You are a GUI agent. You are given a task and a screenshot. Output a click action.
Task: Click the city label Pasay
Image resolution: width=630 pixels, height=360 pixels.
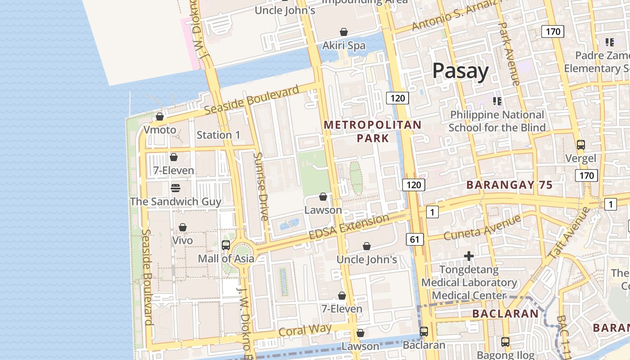[x=460, y=71]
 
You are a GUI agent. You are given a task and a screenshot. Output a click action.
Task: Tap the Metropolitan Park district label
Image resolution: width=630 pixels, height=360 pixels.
[x=373, y=131]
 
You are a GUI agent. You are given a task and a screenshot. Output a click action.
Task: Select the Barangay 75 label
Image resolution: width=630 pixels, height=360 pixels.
[x=509, y=185]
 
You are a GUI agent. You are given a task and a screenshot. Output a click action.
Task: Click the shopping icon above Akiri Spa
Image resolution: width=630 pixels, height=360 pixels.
[x=344, y=32]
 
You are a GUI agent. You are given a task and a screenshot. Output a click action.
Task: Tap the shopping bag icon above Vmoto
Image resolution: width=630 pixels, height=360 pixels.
[x=160, y=117]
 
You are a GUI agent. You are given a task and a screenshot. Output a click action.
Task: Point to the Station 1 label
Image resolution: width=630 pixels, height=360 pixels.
[x=218, y=135]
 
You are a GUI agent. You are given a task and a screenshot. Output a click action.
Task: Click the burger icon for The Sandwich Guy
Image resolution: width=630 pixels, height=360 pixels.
[x=175, y=188]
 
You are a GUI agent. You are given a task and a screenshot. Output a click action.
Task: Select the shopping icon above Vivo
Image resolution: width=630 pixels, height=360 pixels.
[x=183, y=227]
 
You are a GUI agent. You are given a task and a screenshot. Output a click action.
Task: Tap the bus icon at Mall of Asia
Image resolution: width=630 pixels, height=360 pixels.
[x=226, y=245]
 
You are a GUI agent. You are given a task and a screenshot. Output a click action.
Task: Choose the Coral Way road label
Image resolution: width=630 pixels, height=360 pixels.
[x=305, y=330]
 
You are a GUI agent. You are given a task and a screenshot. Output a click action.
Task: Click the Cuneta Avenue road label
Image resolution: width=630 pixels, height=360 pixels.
[x=482, y=227]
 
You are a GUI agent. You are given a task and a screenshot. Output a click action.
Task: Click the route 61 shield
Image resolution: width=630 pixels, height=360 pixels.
[x=414, y=239]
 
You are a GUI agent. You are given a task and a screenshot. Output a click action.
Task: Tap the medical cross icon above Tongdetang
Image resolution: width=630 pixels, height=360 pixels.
[x=469, y=256]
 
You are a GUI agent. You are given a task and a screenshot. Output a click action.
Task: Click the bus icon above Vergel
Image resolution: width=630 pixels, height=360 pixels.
[x=581, y=145]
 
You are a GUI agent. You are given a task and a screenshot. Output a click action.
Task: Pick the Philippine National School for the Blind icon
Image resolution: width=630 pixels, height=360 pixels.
[x=497, y=101]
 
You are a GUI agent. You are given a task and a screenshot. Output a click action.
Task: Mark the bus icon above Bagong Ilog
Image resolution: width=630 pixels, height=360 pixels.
[x=505, y=342]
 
